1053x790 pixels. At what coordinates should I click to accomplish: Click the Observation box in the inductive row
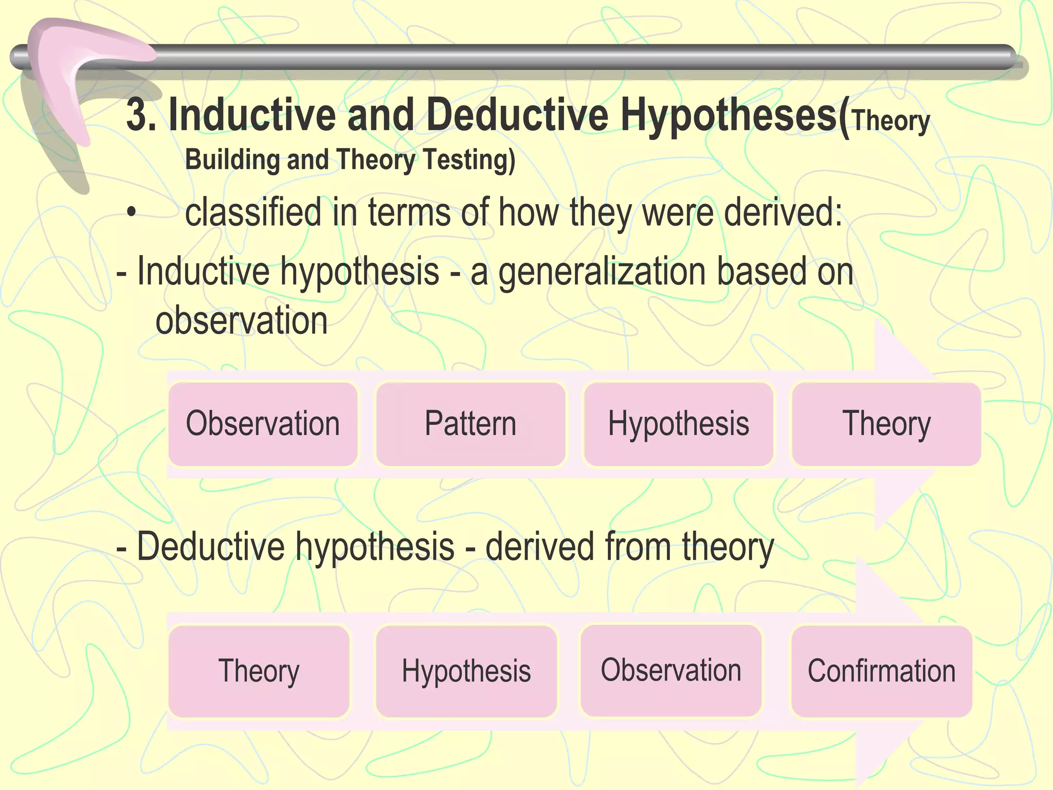263,424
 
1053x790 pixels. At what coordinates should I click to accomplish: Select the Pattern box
470,424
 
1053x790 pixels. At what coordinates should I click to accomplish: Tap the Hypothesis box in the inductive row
678,424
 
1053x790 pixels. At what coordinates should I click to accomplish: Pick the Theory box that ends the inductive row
886,424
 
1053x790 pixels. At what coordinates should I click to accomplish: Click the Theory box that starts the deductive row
259,671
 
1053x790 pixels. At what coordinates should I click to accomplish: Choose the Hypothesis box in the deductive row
466,671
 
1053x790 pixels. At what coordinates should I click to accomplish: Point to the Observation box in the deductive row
671,670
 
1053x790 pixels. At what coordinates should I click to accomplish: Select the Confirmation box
881,671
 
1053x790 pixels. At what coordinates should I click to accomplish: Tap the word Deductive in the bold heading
517,115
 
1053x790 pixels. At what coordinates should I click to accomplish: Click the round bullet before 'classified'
132,212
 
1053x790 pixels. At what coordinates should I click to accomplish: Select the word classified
253,212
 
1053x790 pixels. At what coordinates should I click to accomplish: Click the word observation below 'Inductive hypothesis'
241,320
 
